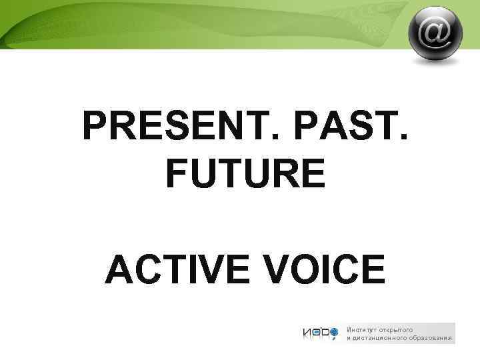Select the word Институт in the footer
point(361,329)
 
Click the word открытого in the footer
point(397,329)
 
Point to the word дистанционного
point(379,339)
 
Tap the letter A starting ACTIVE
point(119,271)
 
